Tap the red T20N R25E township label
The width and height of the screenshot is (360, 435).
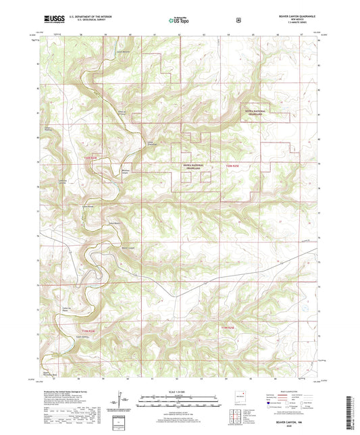point(232,165)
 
